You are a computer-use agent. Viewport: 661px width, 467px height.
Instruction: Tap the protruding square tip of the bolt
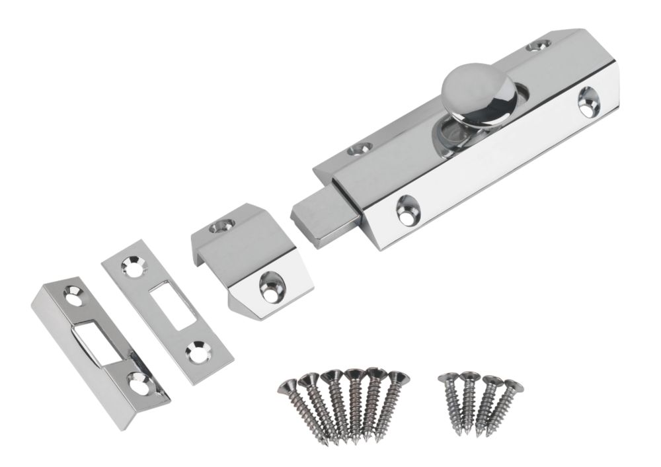[x=321, y=218]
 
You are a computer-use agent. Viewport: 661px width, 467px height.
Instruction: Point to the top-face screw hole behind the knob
[x=539, y=46]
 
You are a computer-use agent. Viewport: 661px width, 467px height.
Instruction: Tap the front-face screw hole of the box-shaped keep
[x=271, y=286]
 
